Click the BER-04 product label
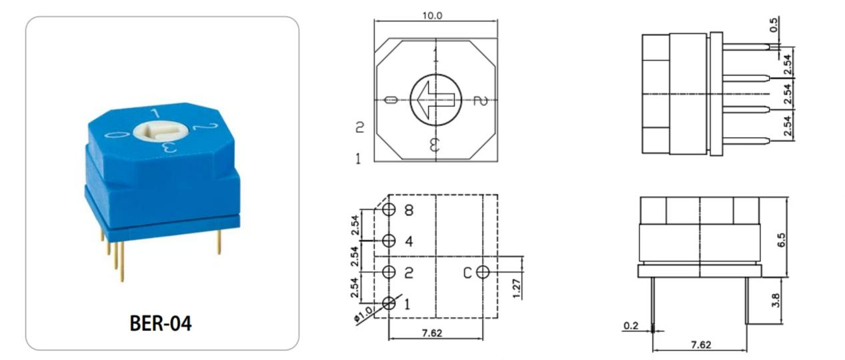(x=160, y=323)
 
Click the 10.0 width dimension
(x=432, y=16)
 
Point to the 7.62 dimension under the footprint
(x=432, y=333)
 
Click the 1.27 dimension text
(x=517, y=289)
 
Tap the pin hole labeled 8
(x=389, y=209)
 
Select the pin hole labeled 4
(x=389, y=241)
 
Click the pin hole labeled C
(x=483, y=272)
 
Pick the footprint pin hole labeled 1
(x=389, y=303)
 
